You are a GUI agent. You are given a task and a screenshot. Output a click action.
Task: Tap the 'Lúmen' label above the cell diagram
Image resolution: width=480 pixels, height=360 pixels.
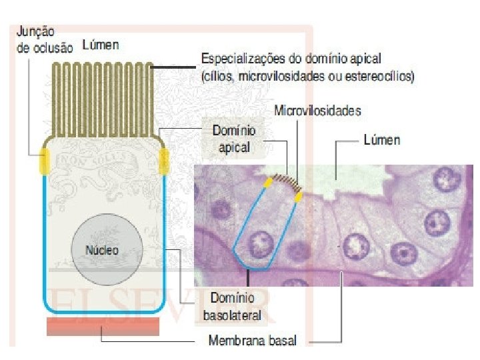pos(101,45)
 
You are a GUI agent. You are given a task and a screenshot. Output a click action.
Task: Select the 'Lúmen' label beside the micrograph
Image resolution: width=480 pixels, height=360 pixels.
pos(382,140)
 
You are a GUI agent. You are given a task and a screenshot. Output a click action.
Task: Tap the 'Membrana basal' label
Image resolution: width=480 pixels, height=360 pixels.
pos(253,341)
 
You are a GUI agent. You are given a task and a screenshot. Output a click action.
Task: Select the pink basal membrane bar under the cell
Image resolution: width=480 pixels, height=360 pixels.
pos(103,327)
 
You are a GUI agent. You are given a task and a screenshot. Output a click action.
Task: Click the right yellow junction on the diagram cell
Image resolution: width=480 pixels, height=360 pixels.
pos(163,160)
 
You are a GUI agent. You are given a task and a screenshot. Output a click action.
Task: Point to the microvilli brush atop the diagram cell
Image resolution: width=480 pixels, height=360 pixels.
pos(104,97)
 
